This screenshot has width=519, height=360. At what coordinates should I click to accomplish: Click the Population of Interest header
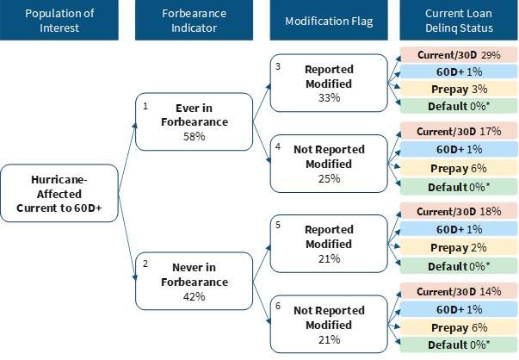(59, 20)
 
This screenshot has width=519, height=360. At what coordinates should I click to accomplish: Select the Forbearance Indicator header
(194, 20)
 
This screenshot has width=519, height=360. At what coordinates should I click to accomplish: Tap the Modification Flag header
(329, 20)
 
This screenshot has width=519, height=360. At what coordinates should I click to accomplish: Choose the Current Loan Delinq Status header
(459, 20)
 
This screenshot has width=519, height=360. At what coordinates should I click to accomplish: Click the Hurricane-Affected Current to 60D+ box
(59, 193)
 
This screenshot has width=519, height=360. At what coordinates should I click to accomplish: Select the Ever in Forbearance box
(194, 121)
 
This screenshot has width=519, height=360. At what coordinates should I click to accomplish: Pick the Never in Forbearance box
(194, 281)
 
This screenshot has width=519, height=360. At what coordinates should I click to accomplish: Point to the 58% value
(194, 136)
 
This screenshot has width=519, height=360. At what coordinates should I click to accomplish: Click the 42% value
(194, 296)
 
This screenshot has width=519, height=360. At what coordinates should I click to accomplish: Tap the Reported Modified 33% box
(329, 83)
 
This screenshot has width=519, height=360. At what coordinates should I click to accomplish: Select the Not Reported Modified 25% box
(329, 164)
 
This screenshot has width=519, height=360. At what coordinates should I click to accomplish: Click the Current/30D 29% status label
(459, 54)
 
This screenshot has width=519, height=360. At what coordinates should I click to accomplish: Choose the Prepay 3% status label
(459, 89)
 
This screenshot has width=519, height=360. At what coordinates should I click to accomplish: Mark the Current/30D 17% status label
(459, 131)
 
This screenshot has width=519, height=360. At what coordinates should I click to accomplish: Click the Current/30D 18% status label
(459, 211)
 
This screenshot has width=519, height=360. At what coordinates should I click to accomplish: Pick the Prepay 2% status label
(459, 247)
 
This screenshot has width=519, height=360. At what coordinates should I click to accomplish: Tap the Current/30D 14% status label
(459, 291)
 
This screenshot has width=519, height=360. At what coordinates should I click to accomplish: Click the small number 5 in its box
(278, 225)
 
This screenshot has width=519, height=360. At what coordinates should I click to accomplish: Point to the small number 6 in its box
(278, 306)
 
